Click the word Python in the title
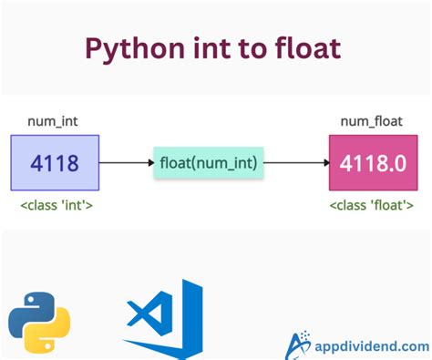(x=135, y=48)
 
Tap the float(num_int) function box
(x=209, y=163)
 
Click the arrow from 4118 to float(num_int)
(x=126, y=163)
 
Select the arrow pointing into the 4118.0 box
(x=296, y=163)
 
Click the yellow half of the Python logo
(x=48, y=334)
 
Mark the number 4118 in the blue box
(x=54, y=163)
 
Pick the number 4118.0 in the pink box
(x=374, y=163)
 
